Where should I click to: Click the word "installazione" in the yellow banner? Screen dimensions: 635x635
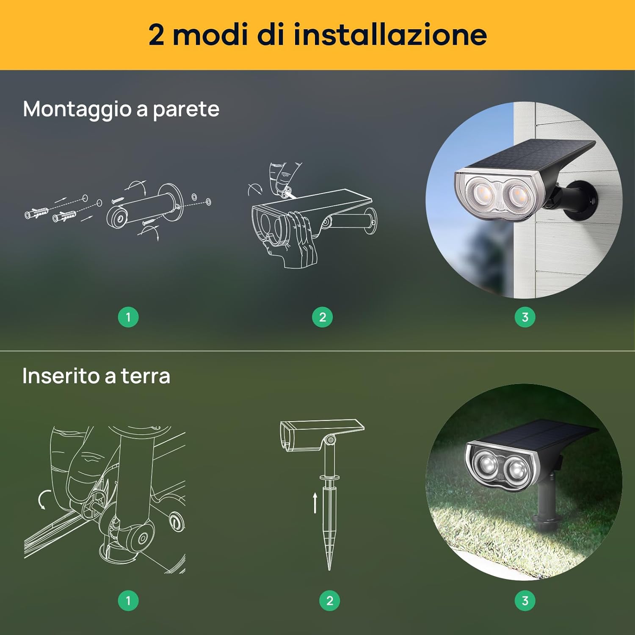pyautogui.click(x=390, y=34)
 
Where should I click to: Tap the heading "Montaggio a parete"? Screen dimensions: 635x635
pyautogui.click(x=121, y=110)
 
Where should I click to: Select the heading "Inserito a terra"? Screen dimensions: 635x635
pyautogui.click(x=96, y=375)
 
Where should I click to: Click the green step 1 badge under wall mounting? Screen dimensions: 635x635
pyautogui.click(x=128, y=317)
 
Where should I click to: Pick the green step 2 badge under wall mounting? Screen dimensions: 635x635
pyautogui.click(x=323, y=317)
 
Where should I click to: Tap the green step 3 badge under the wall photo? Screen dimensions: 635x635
pyautogui.click(x=525, y=317)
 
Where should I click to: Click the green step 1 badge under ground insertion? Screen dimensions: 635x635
pyautogui.click(x=128, y=600)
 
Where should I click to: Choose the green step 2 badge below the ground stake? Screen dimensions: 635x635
pyautogui.click(x=330, y=600)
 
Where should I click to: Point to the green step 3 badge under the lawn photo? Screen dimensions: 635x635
pyautogui.click(x=525, y=600)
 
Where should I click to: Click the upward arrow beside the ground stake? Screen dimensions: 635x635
pyautogui.click(x=315, y=503)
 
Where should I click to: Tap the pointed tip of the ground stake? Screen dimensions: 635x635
pyautogui.click(x=329, y=570)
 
